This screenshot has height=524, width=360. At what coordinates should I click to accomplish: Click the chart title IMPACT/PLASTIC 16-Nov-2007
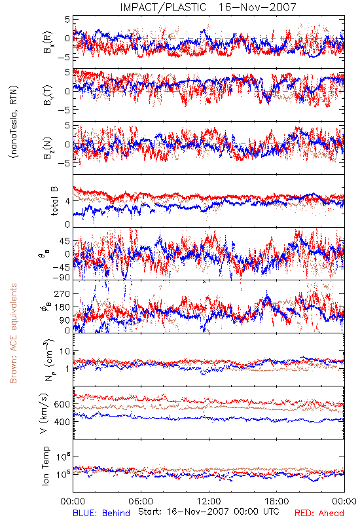click(208, 7)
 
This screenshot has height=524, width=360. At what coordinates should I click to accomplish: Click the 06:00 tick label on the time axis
click(141, 501)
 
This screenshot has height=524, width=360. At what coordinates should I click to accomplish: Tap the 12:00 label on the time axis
click(209, 501)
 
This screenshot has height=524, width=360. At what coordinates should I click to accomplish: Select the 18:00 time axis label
click(277, 501)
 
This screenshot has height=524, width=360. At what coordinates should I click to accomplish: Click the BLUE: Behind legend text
click(101, 513)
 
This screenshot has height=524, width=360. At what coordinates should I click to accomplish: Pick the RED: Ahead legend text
click(319, 513)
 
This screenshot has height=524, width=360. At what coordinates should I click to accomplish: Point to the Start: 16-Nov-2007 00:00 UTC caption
click(209, 512)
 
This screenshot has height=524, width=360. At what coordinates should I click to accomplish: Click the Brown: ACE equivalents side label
click(13, 333)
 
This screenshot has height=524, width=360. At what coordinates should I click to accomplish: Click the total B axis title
click(54, 201)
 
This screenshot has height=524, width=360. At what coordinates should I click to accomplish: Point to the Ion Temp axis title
click(45, 466)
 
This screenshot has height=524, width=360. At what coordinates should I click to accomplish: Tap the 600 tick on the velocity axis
click(62, 404)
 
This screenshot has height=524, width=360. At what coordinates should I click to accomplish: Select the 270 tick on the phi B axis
click(62, 293)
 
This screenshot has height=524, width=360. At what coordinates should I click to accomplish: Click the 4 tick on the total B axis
click(67, 201)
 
